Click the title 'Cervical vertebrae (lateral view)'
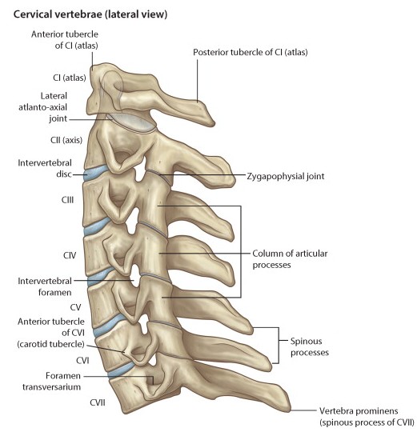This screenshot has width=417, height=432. click(90, 14)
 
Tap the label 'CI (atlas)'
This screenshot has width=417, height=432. click(70, 78)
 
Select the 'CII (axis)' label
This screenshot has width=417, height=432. click(66, 140)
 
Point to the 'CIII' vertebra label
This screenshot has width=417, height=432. click(67, 200)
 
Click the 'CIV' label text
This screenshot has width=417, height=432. click(70, 255)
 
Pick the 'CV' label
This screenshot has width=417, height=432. click(75, 307)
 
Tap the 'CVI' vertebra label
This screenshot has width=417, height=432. click(82, 360)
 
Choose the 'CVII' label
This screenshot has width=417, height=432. click(98, 402)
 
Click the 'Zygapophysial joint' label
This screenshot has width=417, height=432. click(286, 176)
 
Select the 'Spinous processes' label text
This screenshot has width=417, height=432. click(310, 347)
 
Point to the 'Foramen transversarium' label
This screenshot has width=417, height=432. click(51, 382)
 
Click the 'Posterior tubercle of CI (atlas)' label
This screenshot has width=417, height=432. click(251, 52)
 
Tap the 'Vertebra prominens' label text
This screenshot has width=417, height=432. click(359, 411)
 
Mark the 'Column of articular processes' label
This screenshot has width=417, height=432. click(290, 259)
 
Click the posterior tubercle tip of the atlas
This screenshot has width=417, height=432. click(213, 123)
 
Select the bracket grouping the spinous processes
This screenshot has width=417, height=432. click(279, 346)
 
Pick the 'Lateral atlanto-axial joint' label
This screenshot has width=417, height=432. click(43, 107)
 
